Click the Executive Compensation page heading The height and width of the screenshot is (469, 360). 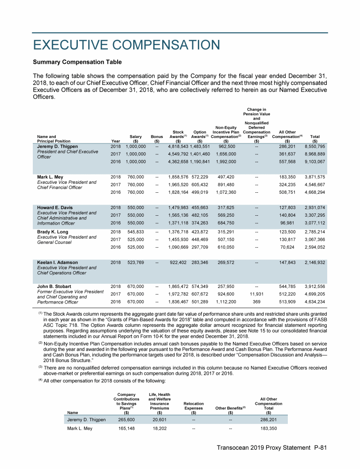coord(126,45)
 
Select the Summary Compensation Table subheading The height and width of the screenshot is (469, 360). coord(77,62)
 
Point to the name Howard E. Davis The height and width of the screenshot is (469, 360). coord(55,207)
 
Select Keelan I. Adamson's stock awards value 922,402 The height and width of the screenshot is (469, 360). coord(178,263)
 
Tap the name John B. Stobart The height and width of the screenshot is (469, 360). coord(55,286)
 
